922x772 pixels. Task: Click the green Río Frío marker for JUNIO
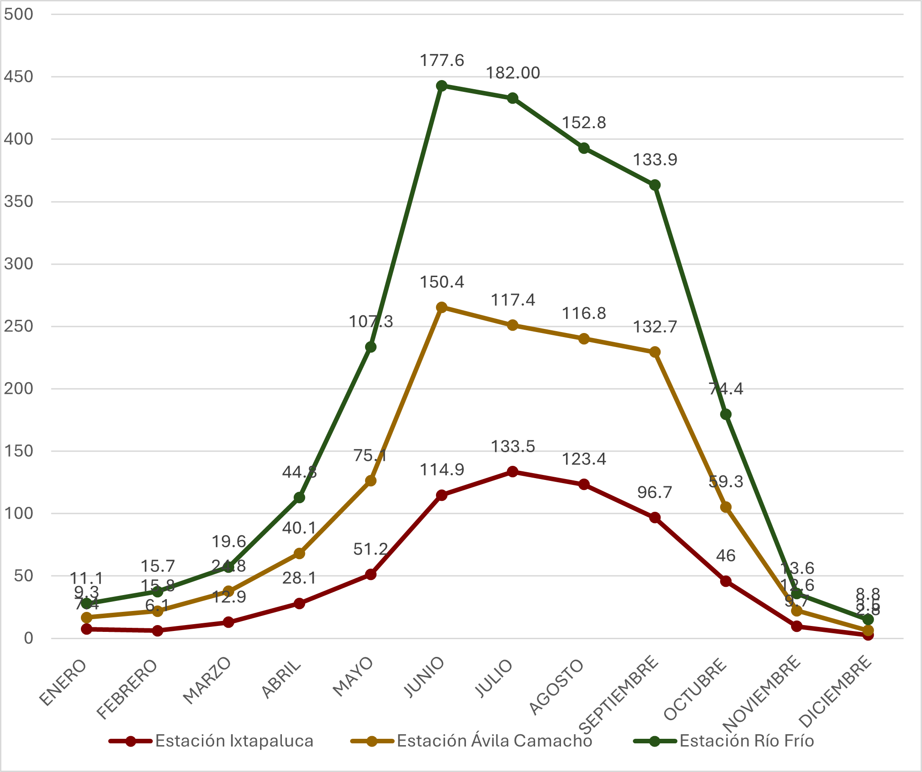[x=441, y=86]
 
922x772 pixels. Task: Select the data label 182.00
[x=513, y=73]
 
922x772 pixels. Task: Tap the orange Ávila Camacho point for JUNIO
[x=441, y=307]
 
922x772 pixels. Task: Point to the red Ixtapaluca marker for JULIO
[x=512, y=471]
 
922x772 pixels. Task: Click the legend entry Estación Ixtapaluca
[x=234, y=741]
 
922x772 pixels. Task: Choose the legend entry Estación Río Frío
[x=746, y=741]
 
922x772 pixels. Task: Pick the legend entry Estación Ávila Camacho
[x=494, y=741]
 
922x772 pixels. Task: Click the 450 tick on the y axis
[x=19, y=76]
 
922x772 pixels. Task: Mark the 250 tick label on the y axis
[x=19, y=326]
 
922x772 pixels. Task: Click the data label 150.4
[x=441, y=282]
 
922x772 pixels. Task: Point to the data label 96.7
[x=655, y=492]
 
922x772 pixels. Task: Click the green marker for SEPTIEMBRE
[x=655, y=185]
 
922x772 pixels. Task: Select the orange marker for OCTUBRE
[x=726, y=507]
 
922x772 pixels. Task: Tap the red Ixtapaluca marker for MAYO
[x=371, y=575]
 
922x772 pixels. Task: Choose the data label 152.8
[x=584, y=123]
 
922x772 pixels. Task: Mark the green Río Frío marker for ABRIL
[x=299, y=498]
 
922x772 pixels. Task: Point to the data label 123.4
[x=584, y=459]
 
